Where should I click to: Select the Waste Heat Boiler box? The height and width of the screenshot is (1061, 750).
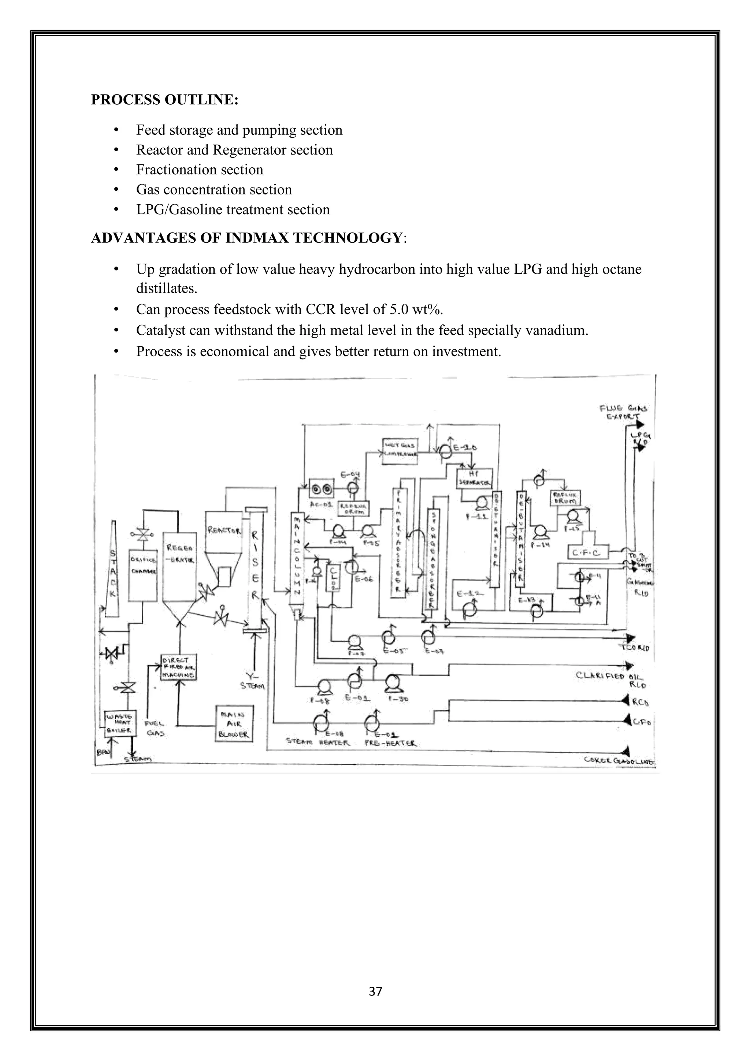[120, 723]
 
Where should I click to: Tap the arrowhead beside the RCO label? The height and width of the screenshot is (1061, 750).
[626, 701]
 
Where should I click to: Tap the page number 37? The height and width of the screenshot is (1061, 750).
[375, 991]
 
